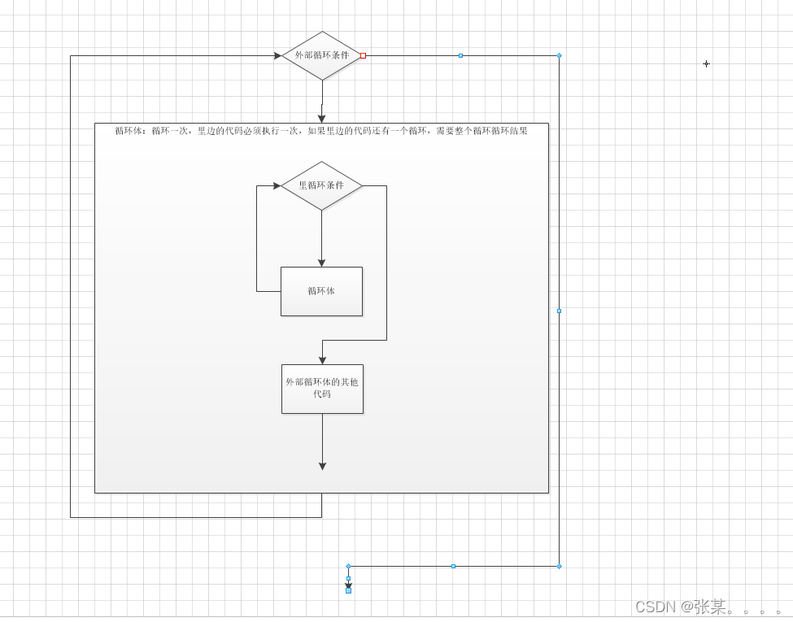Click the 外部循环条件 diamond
321,55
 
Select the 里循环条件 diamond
321,185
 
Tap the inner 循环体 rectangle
321,291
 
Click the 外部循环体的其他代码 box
322,389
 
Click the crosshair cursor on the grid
706,63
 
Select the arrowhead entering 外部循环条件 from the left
277,55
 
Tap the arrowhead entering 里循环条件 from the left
277,185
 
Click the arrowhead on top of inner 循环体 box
321,263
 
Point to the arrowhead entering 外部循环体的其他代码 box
322,360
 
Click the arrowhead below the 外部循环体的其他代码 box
322,466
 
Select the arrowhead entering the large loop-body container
321,119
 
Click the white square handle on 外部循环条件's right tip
363,55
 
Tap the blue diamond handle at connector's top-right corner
559,55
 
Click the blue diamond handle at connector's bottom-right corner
559,566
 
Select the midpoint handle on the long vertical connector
559,311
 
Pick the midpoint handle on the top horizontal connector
460,55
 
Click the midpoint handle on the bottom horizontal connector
453,566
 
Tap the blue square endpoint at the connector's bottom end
348,590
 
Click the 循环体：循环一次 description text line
321,130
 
